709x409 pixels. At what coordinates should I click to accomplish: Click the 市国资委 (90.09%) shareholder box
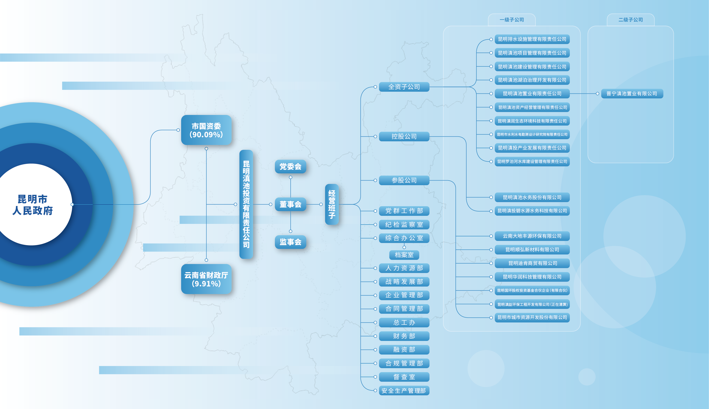206,130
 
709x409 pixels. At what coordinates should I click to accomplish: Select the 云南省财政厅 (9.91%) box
206,279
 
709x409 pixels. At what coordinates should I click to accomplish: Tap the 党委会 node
290,167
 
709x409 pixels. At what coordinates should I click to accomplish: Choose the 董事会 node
290,204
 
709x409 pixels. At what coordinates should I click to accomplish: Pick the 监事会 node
290,242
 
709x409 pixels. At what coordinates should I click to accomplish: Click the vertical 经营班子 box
332,204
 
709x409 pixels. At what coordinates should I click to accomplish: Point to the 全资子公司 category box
404,87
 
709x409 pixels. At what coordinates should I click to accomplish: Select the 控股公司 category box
404,136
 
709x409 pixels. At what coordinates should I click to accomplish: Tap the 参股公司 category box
404,180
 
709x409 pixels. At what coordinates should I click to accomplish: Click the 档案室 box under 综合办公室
404,255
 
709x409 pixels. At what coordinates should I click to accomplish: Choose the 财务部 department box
404,336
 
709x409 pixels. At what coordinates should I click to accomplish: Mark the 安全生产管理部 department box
404,391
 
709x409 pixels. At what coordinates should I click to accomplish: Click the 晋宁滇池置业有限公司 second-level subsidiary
632,93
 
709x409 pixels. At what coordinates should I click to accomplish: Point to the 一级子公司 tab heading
512,20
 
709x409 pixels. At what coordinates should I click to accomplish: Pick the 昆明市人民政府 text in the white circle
33,204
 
